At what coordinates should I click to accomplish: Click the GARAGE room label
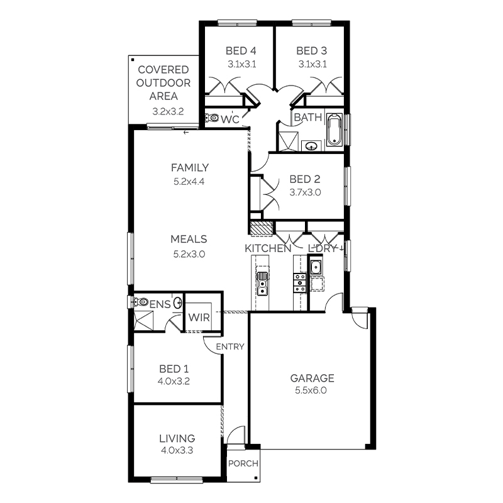click(312, 378)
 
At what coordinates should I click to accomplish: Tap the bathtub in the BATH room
click(333, 130)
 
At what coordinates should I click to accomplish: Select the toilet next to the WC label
click(213, 118)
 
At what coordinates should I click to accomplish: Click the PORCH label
click(243, 465)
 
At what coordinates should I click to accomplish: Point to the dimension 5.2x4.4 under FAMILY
click(190, 181)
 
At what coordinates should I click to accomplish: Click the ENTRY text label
click(229, 346)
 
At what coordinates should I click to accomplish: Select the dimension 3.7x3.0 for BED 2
click(305, 193)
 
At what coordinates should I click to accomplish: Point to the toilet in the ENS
click(140, 302)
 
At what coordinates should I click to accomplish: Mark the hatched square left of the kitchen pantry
click(260, 228)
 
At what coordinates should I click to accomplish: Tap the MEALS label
click(189, 239)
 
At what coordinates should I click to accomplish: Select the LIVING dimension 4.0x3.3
click(177, 450)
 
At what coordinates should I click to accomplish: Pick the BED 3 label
click(312, 51)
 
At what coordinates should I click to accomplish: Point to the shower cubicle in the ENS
click(143, 320)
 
